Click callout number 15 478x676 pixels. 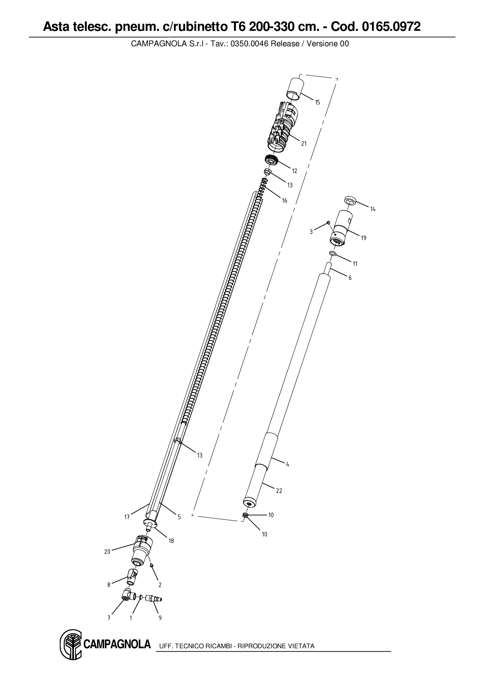(317, 103)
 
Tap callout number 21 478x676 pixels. (304, 143)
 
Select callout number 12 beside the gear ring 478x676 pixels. (295, 171)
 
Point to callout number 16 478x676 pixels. (284, 200)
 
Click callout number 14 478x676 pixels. (373, 209)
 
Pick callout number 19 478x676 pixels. (364, 238)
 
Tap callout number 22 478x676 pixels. (279, 491)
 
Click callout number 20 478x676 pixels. (107, 552)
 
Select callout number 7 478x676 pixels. (109, 618)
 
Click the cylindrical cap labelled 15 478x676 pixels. (295, 89)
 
